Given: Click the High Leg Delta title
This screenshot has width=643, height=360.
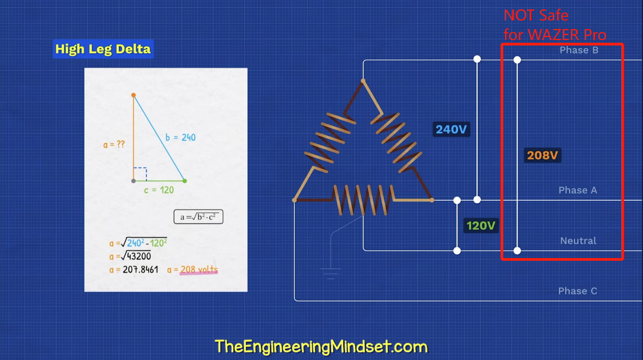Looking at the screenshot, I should pos(103,49).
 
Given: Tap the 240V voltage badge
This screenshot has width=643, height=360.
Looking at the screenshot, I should pos(451,130).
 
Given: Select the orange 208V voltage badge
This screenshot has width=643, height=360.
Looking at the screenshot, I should pos(542,156).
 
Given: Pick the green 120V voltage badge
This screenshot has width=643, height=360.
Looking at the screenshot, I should pos(481,225).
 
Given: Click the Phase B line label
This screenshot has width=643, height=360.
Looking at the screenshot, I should pos(579,50).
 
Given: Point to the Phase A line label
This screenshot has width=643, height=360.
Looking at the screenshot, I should pos(577,190).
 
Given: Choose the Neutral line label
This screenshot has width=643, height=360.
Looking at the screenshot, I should pos(578,241).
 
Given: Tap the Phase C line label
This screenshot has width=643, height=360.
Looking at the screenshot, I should pos(577,291).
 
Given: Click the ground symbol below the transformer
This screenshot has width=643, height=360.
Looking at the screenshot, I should pos(330,274).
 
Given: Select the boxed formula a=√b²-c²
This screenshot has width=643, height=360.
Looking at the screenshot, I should pos(198,217).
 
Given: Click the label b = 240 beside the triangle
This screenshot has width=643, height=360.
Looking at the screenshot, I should pos(180,137).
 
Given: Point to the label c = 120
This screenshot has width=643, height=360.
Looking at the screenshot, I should pos(159,190).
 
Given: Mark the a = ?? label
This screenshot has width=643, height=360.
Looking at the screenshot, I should pos(114,145).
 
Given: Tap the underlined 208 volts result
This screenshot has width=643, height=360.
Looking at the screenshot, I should pos(199,270).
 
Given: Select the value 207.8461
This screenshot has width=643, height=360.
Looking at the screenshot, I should pos(140,270).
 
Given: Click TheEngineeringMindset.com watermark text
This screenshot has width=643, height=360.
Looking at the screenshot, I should pos(321,347).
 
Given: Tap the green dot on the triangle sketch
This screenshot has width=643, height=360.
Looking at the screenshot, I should pos(184,181).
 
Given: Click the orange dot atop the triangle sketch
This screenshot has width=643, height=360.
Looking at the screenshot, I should pos(133,95).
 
